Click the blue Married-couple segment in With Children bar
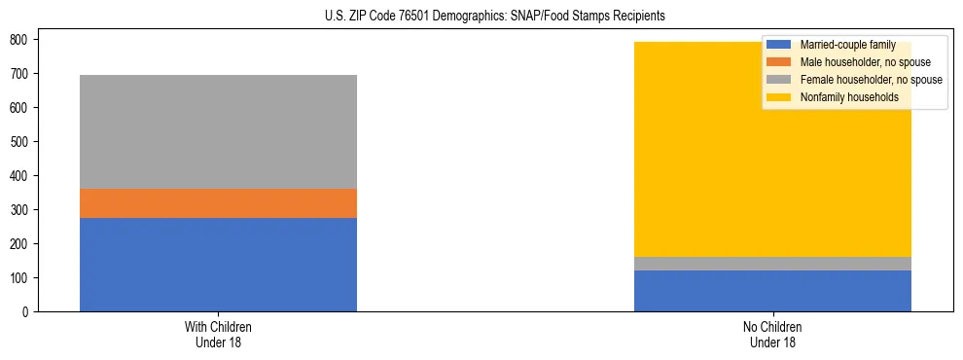218,265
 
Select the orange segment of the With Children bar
218,203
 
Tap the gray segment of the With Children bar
218,131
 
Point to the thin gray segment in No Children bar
772,264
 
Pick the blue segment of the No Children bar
772,291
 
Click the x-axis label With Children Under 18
218,334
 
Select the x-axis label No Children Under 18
772,334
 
